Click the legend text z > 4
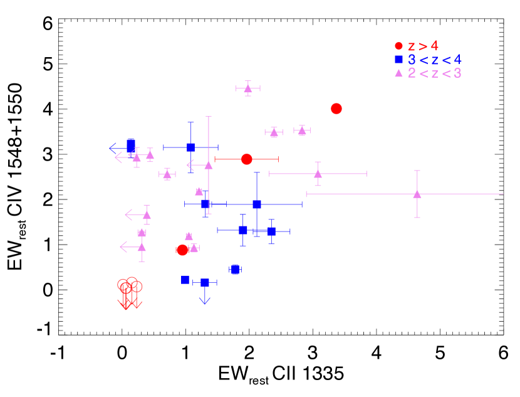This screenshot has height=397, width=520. pyautogui.click(x=423, y=46)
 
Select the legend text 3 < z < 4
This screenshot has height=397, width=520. pyautogui.click(x=434, y=60)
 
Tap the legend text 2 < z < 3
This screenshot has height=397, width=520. pyautogui.click(x=434, y=73)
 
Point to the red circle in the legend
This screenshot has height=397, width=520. pyautogui.click(x=398, y=46)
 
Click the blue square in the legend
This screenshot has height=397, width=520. pyautogui.click(x=398, y=59)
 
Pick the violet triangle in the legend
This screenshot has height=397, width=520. pyautogui.click(x=398, y=73)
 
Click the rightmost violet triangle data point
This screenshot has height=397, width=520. pyautogui.click(x=417, y=194)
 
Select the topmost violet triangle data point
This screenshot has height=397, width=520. pyautogui.click(x=248, y=88)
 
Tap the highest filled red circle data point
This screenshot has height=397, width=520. pyautogui.click(x=336, y=109)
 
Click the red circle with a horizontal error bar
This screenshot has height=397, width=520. pyautogui.click(x=247, y=159)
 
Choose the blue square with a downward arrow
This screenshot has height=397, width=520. pyautogui.click(x=205, y=282)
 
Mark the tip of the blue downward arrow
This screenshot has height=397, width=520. pyautogui.click(x=205, y=304)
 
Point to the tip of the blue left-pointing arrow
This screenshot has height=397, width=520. pyautogui.click(x=110, y=148)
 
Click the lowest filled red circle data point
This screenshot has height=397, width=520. pyautogui.click(x=182, y=250)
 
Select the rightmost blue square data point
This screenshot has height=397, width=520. pyautogui.click(x=271, y=231)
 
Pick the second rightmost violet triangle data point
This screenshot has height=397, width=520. pyautogui.click(x=318, y=174)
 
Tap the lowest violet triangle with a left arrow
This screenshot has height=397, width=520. pyautogui.click(x=142, y=247)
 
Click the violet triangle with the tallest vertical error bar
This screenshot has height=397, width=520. pyautogui.click(x=209, y=165)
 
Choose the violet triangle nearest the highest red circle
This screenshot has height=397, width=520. pyautogui.click(x=302, y=131)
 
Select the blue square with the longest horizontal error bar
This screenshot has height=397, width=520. pyautogui.click(x=257, y=204)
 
